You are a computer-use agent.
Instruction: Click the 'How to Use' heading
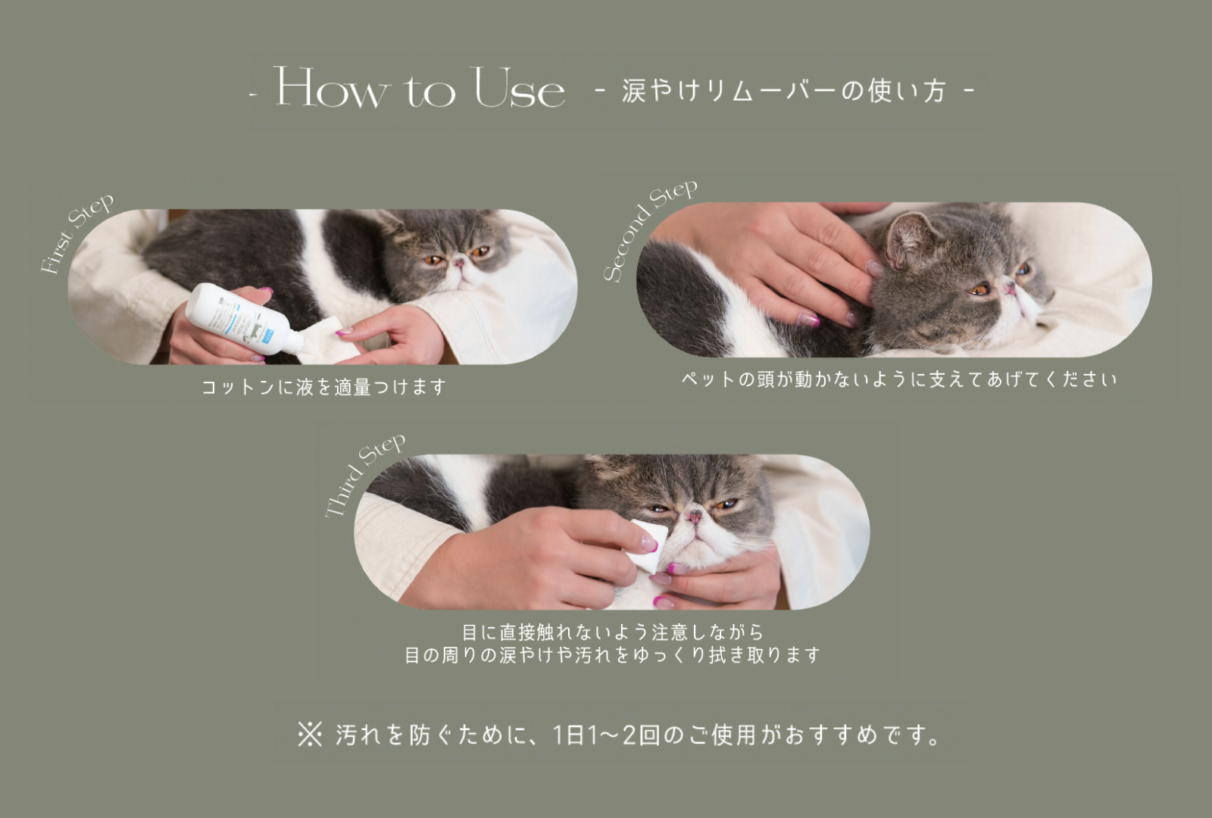point(420,87)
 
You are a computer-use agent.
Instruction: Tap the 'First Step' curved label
point(77,233)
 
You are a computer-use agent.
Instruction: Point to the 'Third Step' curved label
point(364,475)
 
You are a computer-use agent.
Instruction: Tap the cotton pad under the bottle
point(327,342)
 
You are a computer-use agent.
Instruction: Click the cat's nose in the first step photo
point(459,264)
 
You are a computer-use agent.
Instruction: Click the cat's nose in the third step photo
point(694,517)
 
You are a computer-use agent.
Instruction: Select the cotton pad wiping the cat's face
point(647,545)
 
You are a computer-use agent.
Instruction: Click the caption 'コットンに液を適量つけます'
point(323,387)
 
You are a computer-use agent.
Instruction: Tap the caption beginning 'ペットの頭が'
point(899,379)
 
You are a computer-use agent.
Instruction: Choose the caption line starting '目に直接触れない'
point(613,632)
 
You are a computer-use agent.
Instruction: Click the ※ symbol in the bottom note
point(310,735)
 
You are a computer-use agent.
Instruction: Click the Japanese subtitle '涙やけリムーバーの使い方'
point(784,90)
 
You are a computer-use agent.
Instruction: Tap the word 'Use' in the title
point(520,87)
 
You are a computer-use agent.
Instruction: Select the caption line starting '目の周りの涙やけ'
point(613,655)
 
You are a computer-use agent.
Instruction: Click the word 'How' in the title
point(331,87)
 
